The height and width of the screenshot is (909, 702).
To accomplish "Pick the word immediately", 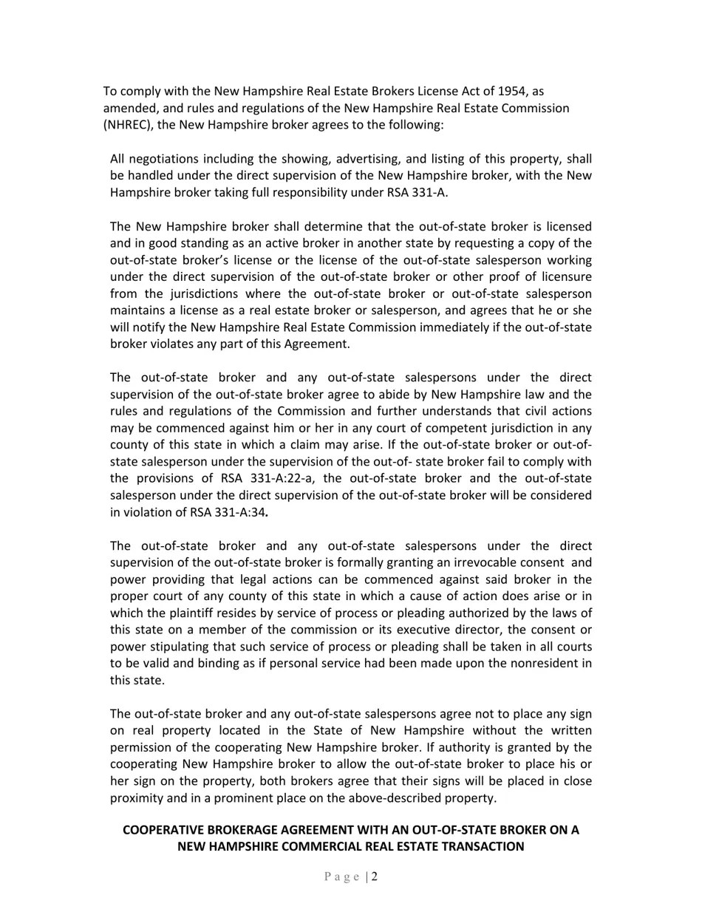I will (457, 327).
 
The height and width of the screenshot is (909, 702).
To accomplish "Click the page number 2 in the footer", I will (375, 877).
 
